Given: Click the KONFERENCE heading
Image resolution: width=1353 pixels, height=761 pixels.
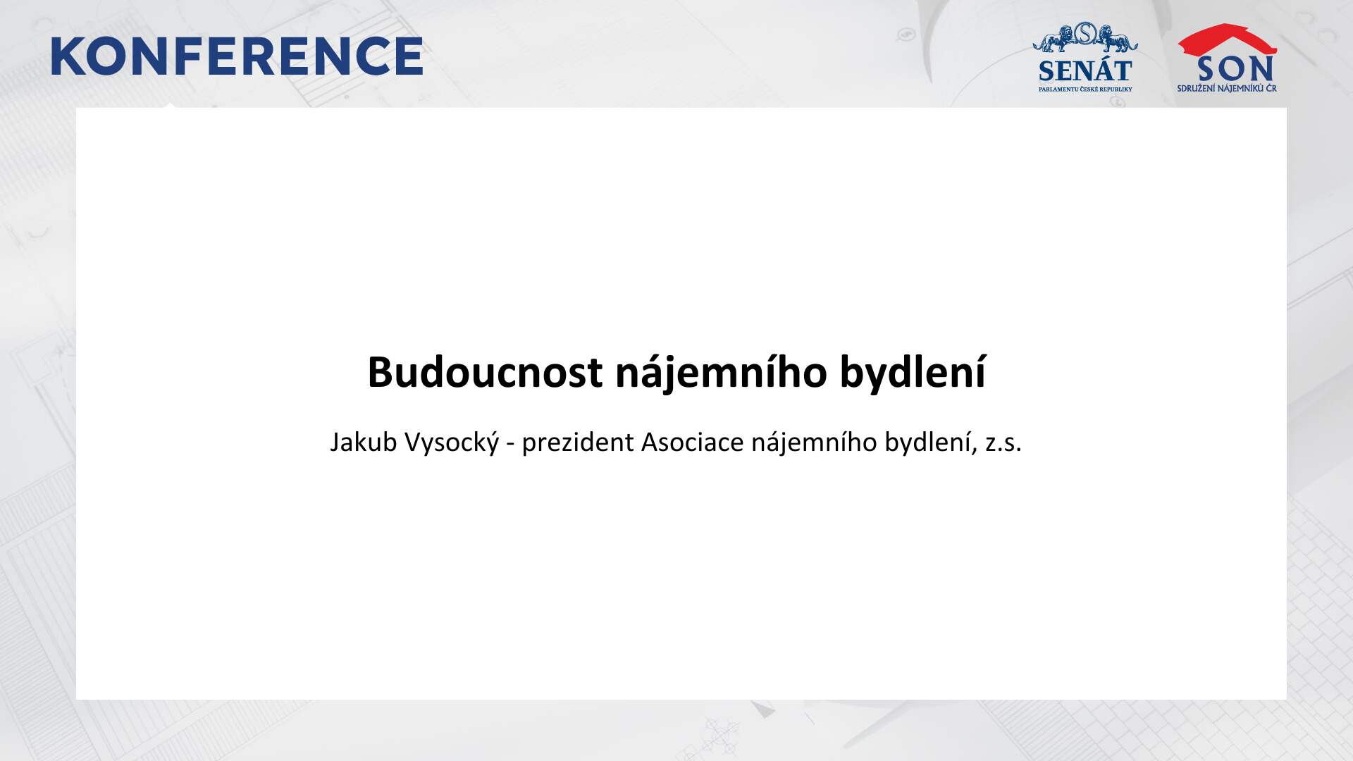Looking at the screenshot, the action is (237, 56).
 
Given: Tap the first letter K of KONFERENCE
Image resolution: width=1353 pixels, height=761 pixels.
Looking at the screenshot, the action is (67, 56).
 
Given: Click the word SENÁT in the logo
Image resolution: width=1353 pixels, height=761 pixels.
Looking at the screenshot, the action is (1085, 71).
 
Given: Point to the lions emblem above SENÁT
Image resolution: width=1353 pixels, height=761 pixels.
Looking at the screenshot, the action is (1085, 37).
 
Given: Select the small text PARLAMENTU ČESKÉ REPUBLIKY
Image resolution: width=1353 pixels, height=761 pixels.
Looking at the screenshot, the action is (1085, 89).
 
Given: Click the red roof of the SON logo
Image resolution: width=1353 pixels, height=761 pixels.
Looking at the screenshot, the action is (1227, 39).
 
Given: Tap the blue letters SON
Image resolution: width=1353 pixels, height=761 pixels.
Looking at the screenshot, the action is (1235, 69).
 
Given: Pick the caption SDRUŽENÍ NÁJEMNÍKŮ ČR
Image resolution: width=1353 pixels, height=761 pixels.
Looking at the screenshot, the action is (1227, 89).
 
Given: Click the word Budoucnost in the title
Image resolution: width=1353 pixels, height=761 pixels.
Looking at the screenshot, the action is (485, 372).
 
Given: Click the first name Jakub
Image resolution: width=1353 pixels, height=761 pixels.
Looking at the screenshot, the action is (364, 443).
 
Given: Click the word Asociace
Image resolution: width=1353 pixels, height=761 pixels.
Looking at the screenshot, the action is (692, 443).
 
